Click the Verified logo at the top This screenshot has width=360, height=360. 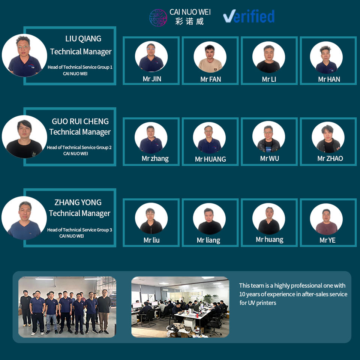249,16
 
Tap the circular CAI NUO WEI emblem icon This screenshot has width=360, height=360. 158,18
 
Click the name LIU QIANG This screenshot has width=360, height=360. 83,39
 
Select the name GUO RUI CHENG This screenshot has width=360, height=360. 80,121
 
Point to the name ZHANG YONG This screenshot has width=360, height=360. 78,202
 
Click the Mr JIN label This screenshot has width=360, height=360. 152,79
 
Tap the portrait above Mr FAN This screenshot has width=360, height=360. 210,57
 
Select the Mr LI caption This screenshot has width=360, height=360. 269,79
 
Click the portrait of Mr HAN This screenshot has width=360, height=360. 326,57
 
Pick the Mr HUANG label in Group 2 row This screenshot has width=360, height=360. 210,159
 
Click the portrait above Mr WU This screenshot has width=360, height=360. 268,137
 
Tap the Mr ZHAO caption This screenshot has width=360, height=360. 330,159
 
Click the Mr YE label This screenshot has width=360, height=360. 327,240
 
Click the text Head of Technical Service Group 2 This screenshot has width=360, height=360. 79,148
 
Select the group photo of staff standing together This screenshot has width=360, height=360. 67,307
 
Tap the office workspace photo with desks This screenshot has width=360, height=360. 180,307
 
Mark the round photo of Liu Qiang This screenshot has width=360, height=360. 24,55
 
